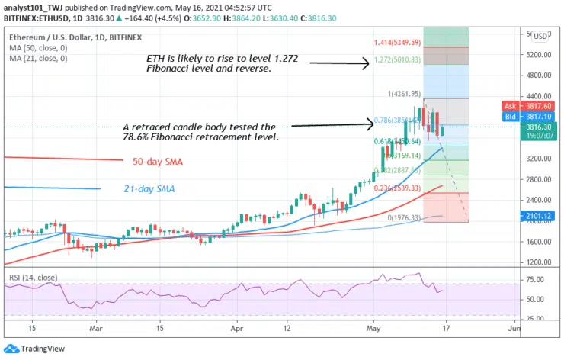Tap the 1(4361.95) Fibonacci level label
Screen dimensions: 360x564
[x=405, y=94]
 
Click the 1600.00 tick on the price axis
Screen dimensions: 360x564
[x=540, y=243]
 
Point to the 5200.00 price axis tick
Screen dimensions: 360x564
[x=540, y=55]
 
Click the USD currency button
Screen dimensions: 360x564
[x=540, y=36]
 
